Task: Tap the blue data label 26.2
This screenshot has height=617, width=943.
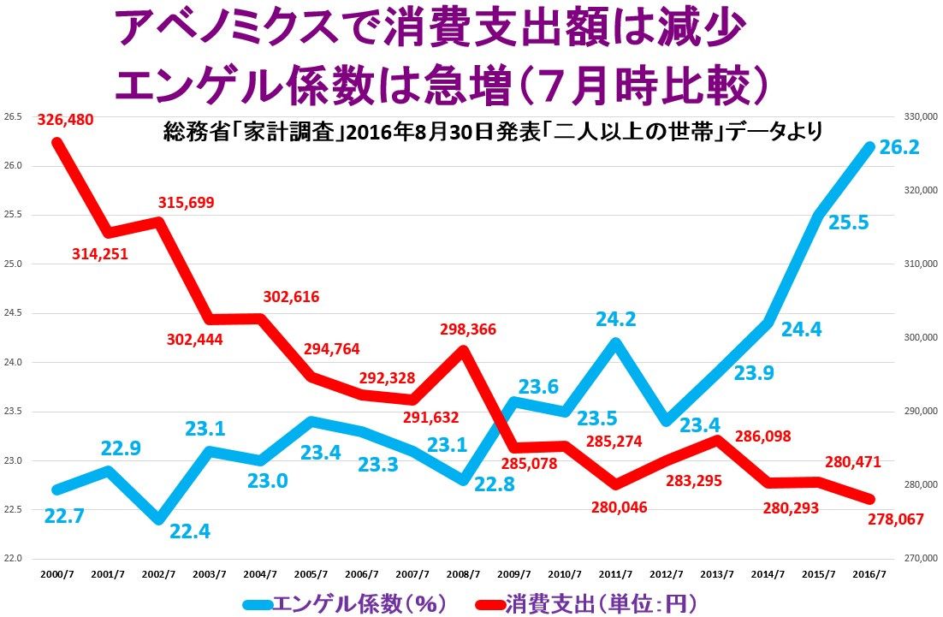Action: coord(899,148)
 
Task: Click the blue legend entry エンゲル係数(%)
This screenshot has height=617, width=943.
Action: coord(359,603)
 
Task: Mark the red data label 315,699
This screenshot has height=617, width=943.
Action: coord(187,203)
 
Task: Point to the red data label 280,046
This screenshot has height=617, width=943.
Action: coord(620,507)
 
